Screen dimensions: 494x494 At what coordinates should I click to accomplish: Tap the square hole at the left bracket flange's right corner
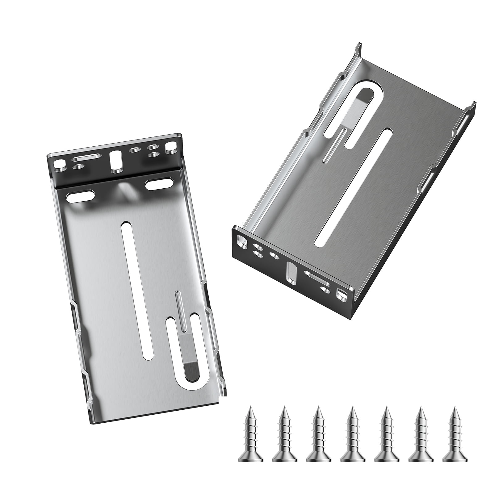coord(170,146)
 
